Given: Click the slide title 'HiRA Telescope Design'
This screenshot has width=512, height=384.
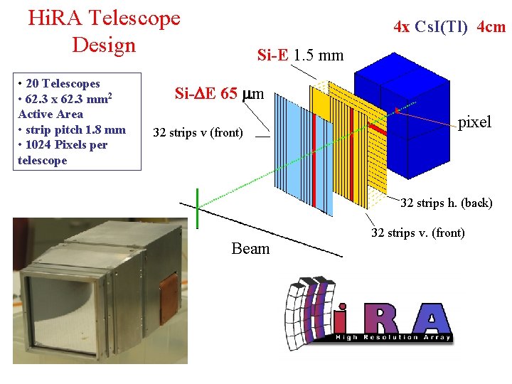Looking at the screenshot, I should (104, 31).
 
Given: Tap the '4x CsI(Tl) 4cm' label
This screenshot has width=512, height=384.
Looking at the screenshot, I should (449, 28).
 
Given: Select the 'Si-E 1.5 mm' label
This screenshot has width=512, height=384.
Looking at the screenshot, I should (300, 55).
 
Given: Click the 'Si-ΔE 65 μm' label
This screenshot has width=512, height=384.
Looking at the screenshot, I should (219, 94).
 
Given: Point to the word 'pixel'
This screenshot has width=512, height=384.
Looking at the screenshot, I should (474, 122).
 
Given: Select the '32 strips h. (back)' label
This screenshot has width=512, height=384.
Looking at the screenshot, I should (446, 203).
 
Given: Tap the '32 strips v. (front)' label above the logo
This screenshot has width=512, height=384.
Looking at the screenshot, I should (417, 233).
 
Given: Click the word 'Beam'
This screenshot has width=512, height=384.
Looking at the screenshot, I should (250, 248).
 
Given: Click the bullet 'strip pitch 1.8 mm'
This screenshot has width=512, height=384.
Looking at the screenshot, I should (71, 129).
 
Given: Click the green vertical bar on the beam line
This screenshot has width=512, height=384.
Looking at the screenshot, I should (197, 208).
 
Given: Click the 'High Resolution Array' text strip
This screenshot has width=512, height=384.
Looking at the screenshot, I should (393, 337).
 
